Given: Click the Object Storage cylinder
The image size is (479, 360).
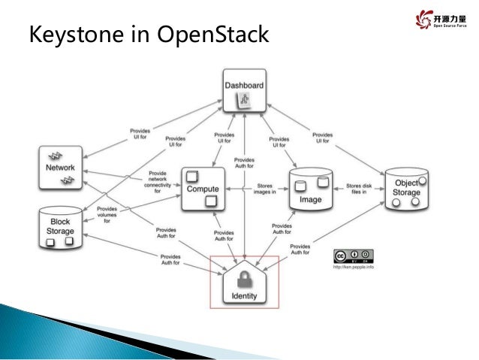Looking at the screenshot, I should (x=406, y=192).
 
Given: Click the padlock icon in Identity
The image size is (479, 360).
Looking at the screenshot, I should (x=245, y=280).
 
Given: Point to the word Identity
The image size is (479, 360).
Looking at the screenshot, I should (x=245, y=296).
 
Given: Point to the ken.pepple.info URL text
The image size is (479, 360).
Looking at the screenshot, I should (x=352, y=267).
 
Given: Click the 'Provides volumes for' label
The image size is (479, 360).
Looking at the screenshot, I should (x=107, y=215).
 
